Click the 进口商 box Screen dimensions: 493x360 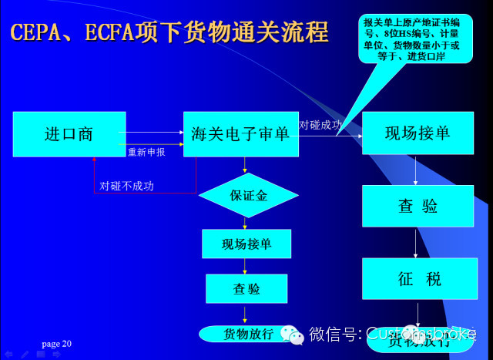[69, 134]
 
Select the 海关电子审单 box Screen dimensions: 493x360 [240, 134]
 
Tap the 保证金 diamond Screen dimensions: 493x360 [248, 195]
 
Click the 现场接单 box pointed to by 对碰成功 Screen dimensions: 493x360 [418, 134]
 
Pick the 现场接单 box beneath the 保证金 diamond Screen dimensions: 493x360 [246, 244]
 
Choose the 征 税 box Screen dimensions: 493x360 [418, 278]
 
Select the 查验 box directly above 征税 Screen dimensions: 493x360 [418, 206]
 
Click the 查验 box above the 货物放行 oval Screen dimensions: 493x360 [246, 288]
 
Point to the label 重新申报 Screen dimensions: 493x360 [146, 152]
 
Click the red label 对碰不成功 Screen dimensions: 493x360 [127, 186]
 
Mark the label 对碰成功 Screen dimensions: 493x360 [320, 124]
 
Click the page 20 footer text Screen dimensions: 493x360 [56, 343]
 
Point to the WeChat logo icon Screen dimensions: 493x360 [292, 334]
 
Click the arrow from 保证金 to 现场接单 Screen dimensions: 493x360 [246, 223]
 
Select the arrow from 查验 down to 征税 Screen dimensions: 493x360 [417, 242]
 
